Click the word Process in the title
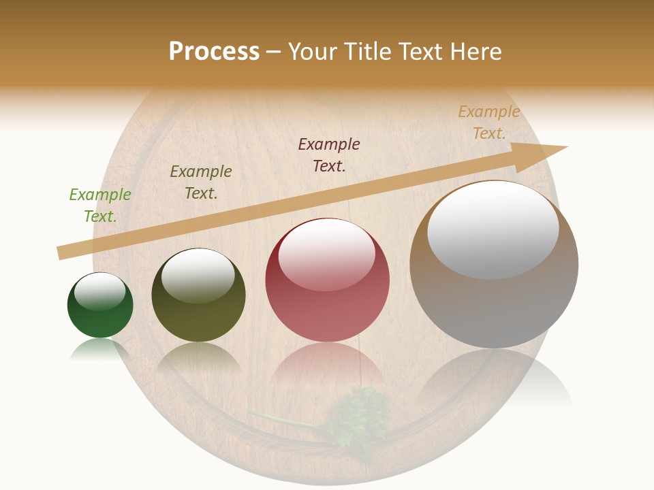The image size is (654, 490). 214,52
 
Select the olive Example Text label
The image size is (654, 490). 201,182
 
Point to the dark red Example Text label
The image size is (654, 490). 329,155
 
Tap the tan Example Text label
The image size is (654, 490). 489,122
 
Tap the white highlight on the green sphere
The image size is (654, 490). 100,291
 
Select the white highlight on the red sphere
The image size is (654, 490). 327,254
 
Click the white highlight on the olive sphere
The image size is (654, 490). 198,275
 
